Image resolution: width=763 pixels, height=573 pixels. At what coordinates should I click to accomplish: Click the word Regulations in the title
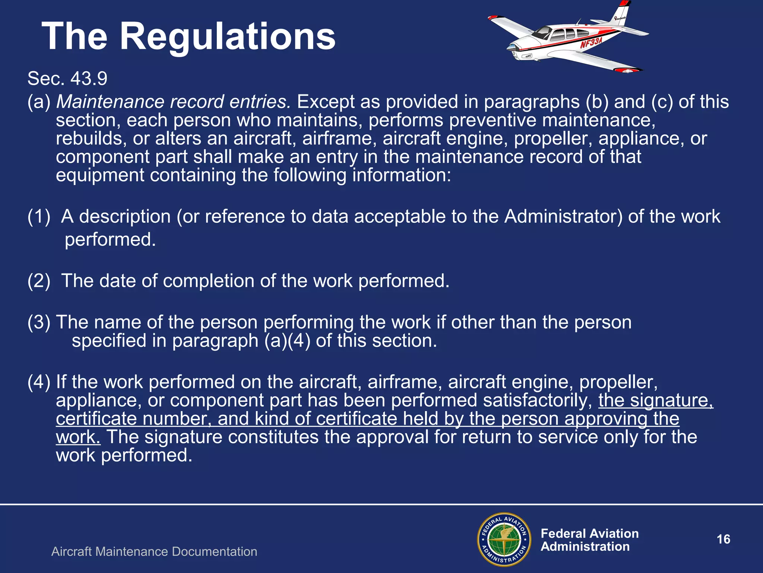point(228,37)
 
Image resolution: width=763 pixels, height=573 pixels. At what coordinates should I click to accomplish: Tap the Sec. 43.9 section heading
point(67,78)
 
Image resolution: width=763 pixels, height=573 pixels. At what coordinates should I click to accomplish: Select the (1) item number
point(39,217)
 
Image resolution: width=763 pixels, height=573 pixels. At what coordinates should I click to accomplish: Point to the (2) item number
point(39,281)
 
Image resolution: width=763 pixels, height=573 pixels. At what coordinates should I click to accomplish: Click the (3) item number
point(39,322)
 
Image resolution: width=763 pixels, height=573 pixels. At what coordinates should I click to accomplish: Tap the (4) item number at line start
point(39,382)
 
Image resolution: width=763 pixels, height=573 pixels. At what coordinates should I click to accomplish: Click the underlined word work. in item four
point(78,437)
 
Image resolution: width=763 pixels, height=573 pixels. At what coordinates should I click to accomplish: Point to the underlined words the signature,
point(656,401)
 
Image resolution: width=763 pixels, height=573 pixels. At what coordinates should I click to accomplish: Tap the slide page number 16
point(724,539)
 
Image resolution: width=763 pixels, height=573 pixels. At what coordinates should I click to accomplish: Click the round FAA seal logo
point(504,539)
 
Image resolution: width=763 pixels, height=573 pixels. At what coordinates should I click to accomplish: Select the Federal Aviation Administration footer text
point(589,540)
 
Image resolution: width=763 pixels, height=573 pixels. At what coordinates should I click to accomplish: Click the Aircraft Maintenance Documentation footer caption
point(154,552)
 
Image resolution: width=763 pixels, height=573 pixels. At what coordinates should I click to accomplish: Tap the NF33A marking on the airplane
point(591,43)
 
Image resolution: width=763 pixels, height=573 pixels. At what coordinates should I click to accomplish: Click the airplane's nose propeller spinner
point(510,48)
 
